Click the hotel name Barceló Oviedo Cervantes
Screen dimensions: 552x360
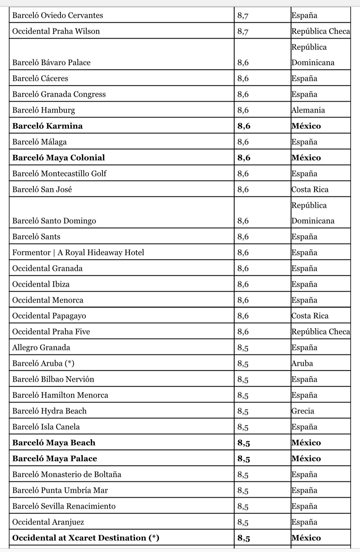click(58, 15)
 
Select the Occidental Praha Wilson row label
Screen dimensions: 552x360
click(56, 31)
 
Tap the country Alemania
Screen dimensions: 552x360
click(308, 110)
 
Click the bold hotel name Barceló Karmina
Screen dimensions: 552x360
click(47, 126)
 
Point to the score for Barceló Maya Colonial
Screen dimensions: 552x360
click(244, 158)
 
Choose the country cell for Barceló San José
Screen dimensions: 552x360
click(310, 189)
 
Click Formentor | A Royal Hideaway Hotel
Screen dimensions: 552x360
click(78, 252)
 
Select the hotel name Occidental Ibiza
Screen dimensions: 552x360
click(41, 284)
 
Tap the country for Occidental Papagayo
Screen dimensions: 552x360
click(310, 316)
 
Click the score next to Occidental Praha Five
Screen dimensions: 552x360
click(243, 332)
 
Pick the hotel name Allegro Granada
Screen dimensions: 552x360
click(41, 348)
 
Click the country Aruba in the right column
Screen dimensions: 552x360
click(302, 363)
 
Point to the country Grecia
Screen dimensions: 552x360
click(303, 411)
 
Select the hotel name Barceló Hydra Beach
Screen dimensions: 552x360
click(49, 411)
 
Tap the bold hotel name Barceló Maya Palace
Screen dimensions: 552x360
click(55, 459)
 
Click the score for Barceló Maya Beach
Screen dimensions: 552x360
click(244, 443)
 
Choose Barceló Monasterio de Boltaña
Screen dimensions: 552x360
click(67, 474)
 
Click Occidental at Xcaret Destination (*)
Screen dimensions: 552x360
click(86, 538)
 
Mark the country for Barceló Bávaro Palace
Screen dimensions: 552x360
click(313, 55)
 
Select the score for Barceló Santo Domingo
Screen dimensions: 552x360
click(243, 221)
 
